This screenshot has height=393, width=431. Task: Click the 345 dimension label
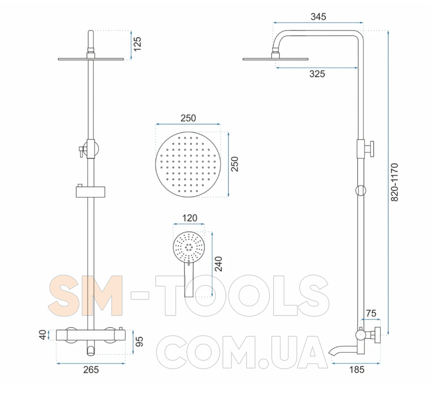[x=318, y=17]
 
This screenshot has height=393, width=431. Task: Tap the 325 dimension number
[x=317, y=74]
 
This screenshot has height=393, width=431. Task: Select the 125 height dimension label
[x=137, y=44]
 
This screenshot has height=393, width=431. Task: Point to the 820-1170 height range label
[x=394, y=182]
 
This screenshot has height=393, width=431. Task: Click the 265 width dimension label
[x=91, y=369]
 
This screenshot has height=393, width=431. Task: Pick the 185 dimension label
[x=356, y=369]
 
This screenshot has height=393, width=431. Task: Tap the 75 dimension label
[x=371, y=314]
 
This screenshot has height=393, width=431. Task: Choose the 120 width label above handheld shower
[x=190, y=218]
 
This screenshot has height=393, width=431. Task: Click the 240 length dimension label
[x=218, y=264]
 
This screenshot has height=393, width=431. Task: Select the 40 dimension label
[x=43, y=335]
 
